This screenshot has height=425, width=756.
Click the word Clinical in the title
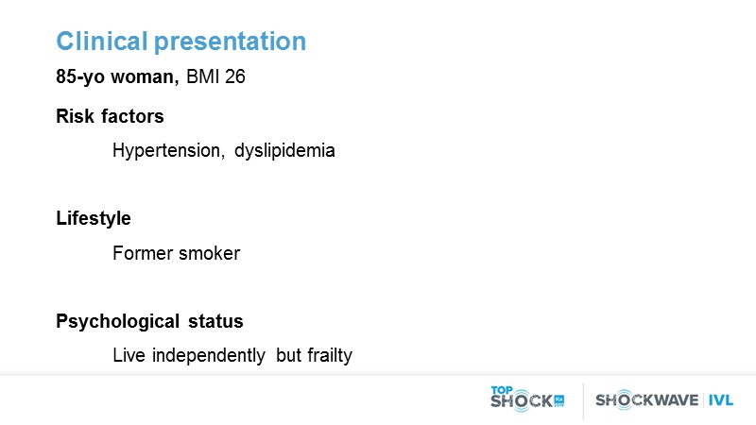[102, 41]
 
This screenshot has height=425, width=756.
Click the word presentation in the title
[230, 42]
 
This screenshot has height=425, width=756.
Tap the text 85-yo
[80, 77]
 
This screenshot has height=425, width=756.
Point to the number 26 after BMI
[234, 76]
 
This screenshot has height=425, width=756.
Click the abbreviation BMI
[202, 76]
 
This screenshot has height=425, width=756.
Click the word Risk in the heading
[76, 116]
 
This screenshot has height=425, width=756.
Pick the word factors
[132, 116]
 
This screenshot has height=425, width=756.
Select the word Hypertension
[168, 151]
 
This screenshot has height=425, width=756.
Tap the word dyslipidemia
[284, 151]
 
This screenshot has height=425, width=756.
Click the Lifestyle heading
[94, 219]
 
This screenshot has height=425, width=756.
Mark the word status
[215, 321]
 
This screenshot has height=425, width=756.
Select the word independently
[208, 356]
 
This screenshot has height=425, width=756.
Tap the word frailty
[330, 356]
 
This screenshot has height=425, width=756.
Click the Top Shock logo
[527, 399]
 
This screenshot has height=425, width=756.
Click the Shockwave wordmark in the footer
[646, 399]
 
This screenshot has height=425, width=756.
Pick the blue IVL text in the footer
[721, 400]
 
